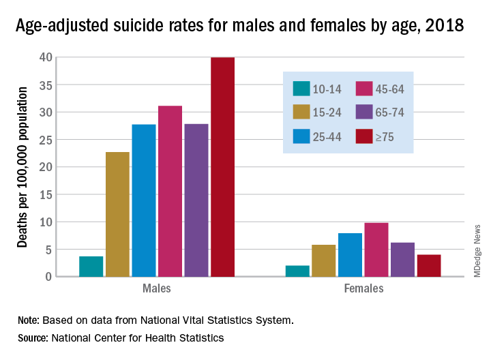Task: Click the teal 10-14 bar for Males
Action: pos(91,267)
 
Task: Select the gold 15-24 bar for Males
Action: pos(117,214)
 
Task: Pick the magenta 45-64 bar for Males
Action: pos(170,191)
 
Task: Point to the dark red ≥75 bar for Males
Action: pos(222,167)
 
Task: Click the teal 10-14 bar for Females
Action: pos(297,271)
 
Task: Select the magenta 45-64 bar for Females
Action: pos(376,250)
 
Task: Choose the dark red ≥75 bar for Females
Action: pos(429,265)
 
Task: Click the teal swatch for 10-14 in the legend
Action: pos(302,89)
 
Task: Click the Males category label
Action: pos(157,288)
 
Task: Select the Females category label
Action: pos(363,288)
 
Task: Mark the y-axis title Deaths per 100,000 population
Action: pos(22,167)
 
